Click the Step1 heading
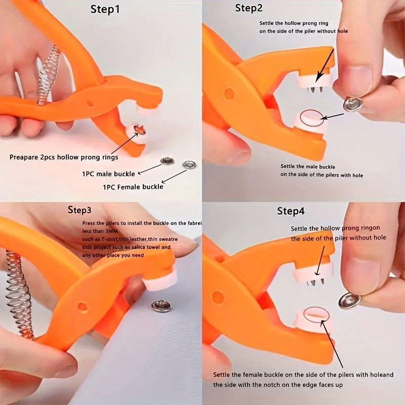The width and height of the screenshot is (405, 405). (x=105, y=9)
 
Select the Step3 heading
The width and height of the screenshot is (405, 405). (x=79, y=210)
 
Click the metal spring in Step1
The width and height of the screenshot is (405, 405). (x=49, y=75)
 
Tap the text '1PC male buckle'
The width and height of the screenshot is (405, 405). (x=108, y=174)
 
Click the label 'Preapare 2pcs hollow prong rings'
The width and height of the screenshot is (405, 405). (x=64, y=157)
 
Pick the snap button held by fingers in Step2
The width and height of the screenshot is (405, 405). (x=352, y=104)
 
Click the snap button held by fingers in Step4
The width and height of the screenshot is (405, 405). (x=350, y=300)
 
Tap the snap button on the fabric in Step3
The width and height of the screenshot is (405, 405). (x=161, y=306)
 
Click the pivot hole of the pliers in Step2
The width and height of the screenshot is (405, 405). (x=229, y=94)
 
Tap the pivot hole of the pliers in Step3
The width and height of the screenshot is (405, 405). (x=82, y=306)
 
